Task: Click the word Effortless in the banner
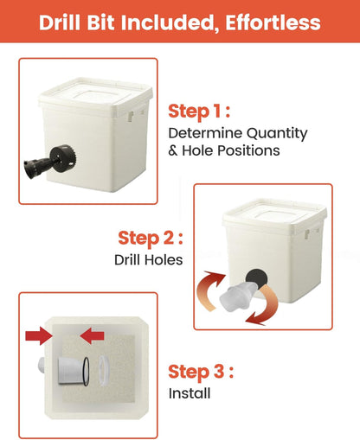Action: [273, 22]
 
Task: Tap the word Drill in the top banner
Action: [60, 22]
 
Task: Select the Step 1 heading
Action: [199, 112]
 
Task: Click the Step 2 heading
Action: [151, 239]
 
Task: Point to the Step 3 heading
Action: [201, 372]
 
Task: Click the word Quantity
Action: [277, 134]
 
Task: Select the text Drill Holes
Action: [148, 260]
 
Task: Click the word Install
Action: [190, 393]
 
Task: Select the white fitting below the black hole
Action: [237, 297]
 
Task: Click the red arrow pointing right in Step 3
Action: [39, 336]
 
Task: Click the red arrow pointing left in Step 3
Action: [92, 335]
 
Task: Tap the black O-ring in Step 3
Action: [86, 372]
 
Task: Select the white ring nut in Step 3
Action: [104, 371]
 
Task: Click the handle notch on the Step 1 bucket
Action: [132, 116]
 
